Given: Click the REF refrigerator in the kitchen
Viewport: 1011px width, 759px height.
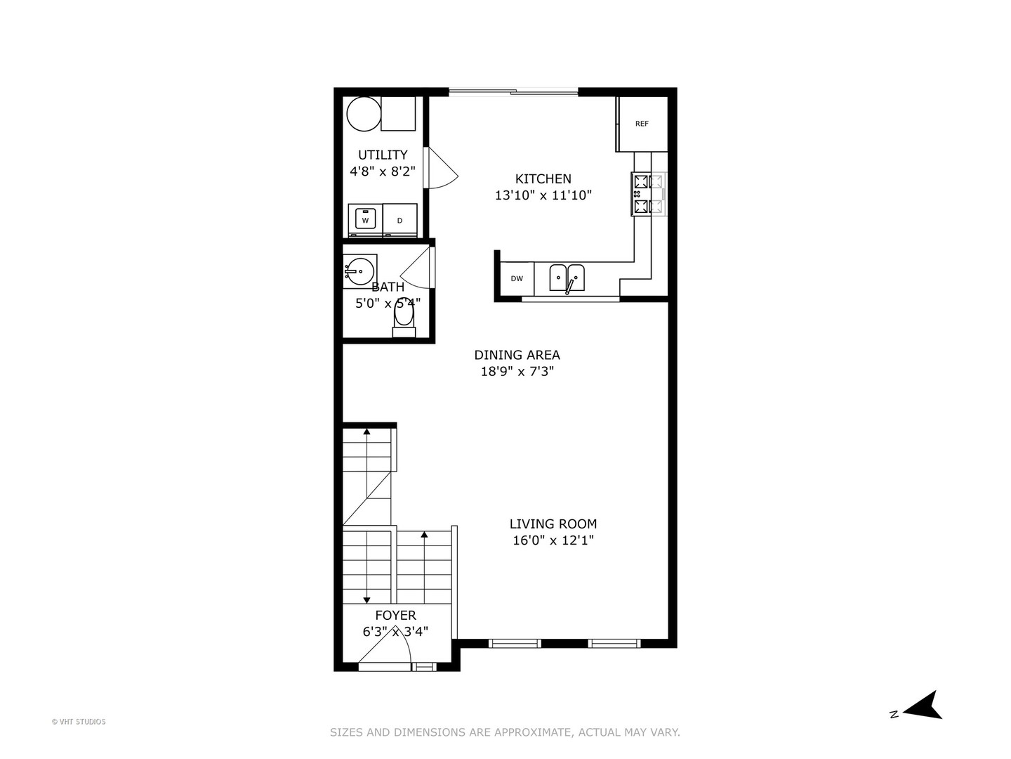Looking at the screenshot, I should (642, 124).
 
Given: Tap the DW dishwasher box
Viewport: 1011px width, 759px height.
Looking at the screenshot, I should (517, 279).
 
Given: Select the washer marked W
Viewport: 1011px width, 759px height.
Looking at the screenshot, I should (365, 220).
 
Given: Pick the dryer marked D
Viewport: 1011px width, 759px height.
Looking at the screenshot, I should (400, 220).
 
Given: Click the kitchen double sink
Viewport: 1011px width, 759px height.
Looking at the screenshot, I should (567, 278).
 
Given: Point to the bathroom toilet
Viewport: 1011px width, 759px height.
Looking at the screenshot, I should (404, 320).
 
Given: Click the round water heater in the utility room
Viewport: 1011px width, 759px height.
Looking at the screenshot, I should (364, 114).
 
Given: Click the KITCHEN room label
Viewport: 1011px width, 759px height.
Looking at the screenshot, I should (543, 179).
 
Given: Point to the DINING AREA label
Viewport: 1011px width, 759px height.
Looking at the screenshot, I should (517, 355).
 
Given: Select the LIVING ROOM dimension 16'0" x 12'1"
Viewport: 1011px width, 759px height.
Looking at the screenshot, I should (553, 540).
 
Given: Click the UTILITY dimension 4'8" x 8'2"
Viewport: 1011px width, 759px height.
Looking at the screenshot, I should (383, 171).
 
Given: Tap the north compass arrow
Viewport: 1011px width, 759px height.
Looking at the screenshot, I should (925, 706).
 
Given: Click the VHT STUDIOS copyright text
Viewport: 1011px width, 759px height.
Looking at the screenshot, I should (79, 722).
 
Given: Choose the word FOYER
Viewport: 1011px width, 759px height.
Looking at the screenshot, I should (395, 616).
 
